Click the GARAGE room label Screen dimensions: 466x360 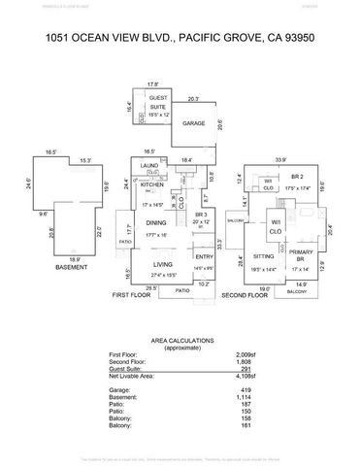click(x=194, y=123)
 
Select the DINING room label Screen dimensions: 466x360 click(x=156, y=222)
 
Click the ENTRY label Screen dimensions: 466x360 click(x=204, y=256)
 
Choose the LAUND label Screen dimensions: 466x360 click(x=148, y=166)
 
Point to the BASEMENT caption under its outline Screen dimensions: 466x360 click(x=71, y=267)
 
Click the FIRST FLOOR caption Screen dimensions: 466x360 click(x=132, y=293)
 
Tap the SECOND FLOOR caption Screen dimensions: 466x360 click(x=245, y=293)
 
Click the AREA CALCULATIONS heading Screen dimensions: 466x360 click(x=180, y=341)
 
